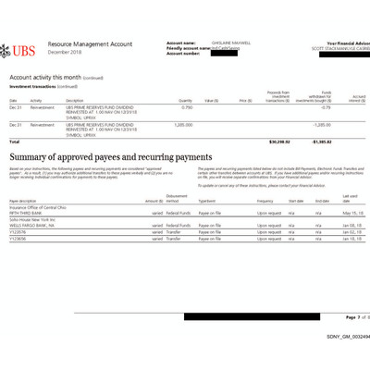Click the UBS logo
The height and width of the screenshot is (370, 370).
(24, 49)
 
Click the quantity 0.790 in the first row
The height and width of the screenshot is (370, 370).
(187, 107)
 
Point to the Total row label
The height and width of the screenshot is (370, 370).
(14, 142)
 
